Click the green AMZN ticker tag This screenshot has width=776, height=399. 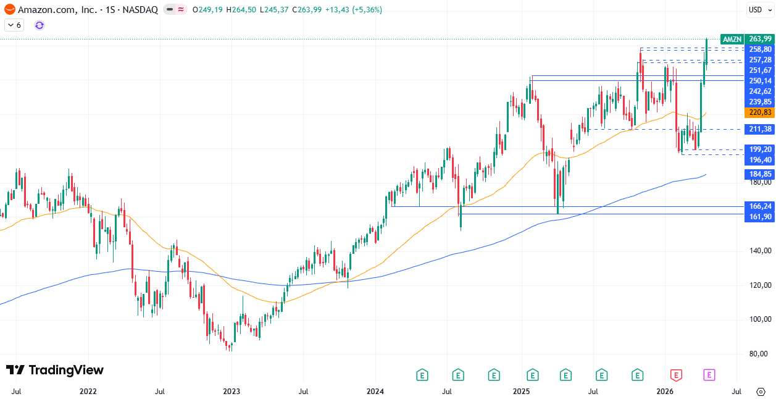[732, 39]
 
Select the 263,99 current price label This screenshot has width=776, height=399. [759, 39]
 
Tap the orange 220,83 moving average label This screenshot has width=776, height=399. [759, 112]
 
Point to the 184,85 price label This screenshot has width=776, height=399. [759, 174]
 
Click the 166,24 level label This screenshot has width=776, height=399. [759, 206]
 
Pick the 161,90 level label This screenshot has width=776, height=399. [759, 217]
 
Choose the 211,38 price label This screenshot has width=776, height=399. [759, 129]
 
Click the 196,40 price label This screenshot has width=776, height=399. [759, 160]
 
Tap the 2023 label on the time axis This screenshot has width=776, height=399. [232, 392]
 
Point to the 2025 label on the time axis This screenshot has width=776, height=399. [522, 392]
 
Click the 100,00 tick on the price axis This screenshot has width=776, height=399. [759, 319]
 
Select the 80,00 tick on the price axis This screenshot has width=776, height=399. [759, 354]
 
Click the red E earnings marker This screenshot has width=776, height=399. [677, 374]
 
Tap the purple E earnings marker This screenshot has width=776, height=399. [709, 374]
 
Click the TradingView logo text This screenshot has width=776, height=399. [55, 370]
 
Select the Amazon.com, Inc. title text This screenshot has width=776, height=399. [57, 10]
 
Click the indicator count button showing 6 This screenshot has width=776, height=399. [14, 25]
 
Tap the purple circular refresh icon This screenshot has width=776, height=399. [40, 25]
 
